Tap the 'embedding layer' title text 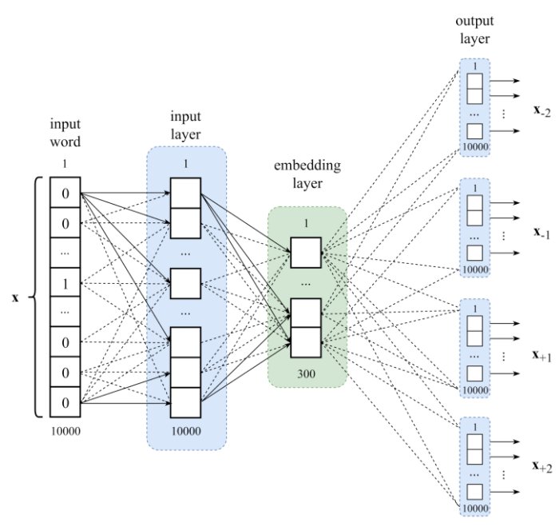coord(306,176)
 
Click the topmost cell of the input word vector coord(66,193)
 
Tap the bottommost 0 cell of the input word coord(66,402)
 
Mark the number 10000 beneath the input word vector coord(66,431)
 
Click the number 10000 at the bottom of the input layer coord(185,431)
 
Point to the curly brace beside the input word coord(37,297)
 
